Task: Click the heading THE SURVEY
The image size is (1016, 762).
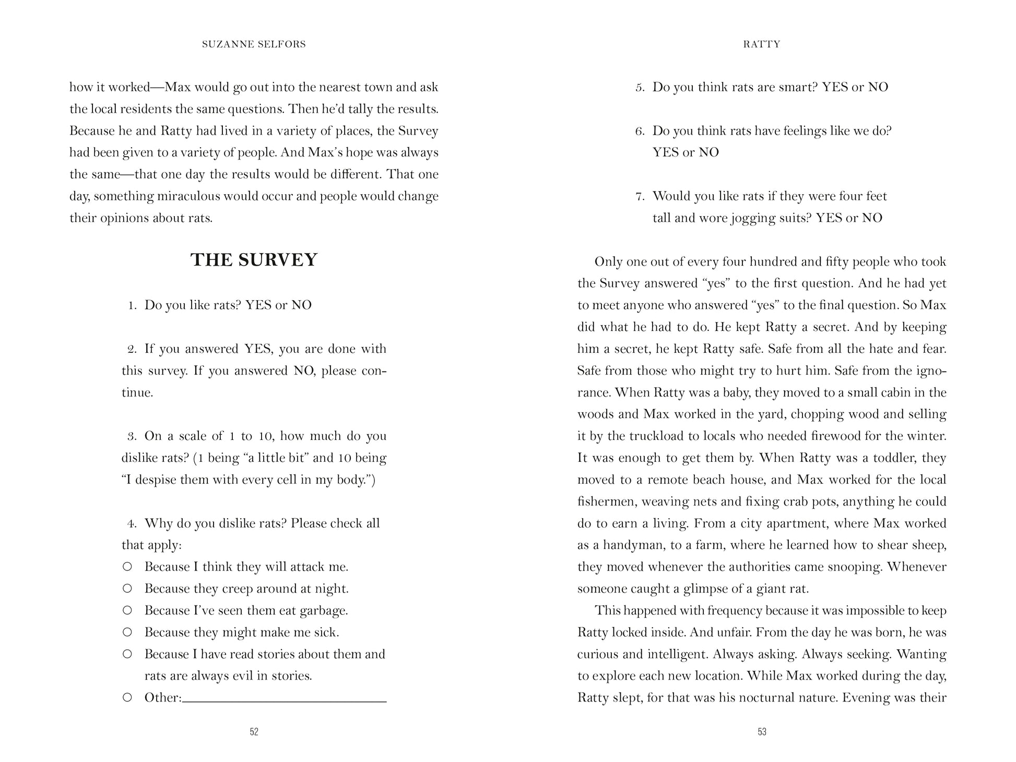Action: point(254,260)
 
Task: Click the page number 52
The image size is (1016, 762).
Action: point(254,732)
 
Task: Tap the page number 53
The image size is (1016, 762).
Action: point(762,732)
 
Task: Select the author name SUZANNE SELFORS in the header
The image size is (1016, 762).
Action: point(254,44)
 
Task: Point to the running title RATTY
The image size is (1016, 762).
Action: point(762,44)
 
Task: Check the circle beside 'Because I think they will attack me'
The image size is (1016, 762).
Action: point(127,567)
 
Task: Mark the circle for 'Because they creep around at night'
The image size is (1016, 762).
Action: point(127,589)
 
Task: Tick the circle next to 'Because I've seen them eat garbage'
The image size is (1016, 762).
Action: point(127,611)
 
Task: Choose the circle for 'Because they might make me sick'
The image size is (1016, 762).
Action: point(127,633)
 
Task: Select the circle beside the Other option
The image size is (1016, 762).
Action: point(127,698)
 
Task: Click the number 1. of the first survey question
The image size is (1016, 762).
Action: point(133,305)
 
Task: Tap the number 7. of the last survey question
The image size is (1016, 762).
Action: point(640,197)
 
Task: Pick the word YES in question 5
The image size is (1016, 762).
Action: point(834,87)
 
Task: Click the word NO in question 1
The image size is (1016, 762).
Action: point(301,305)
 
